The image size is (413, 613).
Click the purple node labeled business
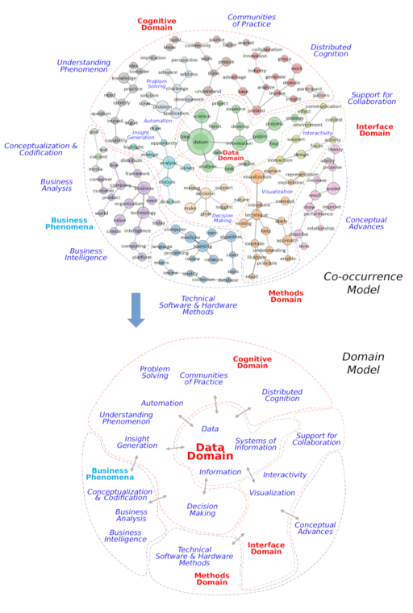(x=145, y=188)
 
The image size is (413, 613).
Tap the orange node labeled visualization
(x=257, y=176)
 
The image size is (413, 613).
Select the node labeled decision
(x=205, y=193)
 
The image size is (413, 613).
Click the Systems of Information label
(x=255, y=444)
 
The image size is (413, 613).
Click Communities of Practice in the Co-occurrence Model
(x=251, y=20)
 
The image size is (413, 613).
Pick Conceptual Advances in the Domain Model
(x=315, y=528)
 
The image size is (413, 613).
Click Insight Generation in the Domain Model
(x=137, y=442)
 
